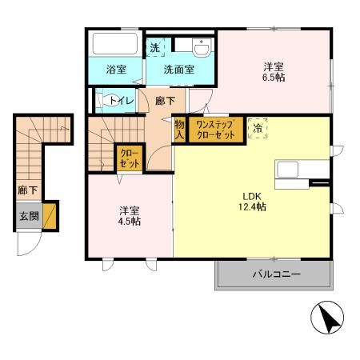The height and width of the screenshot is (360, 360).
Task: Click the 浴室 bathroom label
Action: click(116, 70)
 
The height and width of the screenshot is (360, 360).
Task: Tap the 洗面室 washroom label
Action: click(179, 70)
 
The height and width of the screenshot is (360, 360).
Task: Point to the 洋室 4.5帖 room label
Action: click(130, 216)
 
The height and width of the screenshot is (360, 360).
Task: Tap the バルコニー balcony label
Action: click(276, 274)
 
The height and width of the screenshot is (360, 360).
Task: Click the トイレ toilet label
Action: click(121, 100)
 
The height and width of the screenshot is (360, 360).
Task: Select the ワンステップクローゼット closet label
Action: click(215, 130)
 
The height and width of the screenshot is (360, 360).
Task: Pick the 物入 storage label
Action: click(179, 130)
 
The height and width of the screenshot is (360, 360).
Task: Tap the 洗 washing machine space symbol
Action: click(155, 47)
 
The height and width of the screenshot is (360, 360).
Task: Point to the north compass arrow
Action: click(324, 319)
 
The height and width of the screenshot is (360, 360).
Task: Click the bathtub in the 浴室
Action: click(114, 43)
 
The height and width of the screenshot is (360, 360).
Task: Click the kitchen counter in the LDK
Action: click(295, 170)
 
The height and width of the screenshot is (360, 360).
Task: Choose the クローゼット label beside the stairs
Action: click(128, 158)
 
